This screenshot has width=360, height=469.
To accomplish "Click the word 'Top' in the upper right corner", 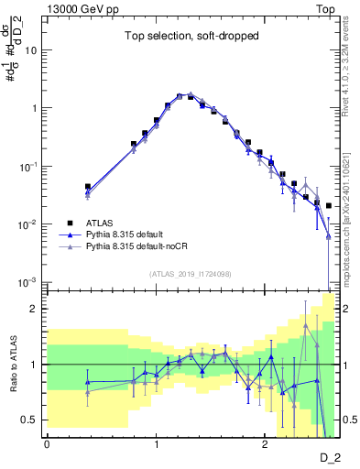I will click(x=325, y=8).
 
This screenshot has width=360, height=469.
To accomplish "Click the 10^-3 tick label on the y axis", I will click(x=29, y=282).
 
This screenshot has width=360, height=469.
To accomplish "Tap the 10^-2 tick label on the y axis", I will click(x=29, y=224).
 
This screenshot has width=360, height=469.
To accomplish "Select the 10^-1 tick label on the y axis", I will click(x=29, y=166).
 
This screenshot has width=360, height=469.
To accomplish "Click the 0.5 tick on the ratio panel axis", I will click(x=31, y=420).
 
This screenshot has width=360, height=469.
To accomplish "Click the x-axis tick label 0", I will click(x=47, y=444).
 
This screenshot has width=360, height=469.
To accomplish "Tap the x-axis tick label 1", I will click(x=156, y=444).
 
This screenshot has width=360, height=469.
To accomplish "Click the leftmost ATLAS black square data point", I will click(x=88, y=186).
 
